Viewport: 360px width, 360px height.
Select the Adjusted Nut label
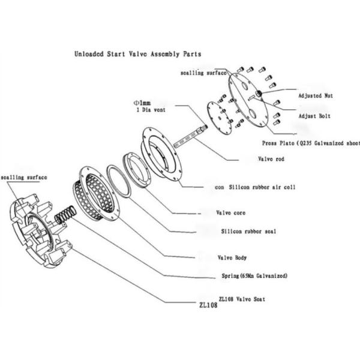[x=316, y=95]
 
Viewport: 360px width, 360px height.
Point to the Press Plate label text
[x=311, y=143]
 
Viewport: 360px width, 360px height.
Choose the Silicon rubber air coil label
[x=254, y=187]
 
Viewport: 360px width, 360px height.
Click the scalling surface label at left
[x=24, y=177]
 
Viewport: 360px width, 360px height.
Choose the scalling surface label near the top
[x=203, y=73]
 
